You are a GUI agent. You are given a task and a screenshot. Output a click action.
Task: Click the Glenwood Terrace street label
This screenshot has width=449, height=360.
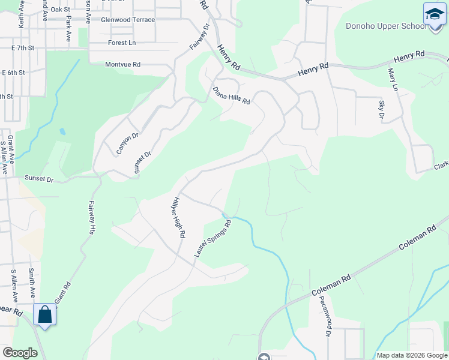[128, 20]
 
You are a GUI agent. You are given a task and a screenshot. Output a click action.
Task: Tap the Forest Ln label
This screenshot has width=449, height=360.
[122, 43]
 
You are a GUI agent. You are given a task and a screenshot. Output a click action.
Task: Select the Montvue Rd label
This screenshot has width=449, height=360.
[122, 64]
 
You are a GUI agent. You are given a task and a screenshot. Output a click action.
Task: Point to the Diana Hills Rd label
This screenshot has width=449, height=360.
[231, 95]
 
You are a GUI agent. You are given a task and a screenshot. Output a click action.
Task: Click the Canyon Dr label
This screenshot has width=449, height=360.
[128, 140]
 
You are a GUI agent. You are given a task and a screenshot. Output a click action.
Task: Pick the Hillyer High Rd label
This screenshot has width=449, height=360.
[178, 217]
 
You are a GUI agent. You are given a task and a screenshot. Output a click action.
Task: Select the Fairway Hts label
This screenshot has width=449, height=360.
[92, 217]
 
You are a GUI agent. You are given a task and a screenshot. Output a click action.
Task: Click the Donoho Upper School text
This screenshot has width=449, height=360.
[387, 26]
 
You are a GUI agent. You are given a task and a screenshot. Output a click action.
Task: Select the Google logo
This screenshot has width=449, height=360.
[20, 353]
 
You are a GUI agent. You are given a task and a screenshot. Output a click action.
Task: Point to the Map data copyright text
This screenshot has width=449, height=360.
[412, 355]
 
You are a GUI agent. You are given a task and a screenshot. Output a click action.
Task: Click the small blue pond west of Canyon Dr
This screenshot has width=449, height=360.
[62, 131]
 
